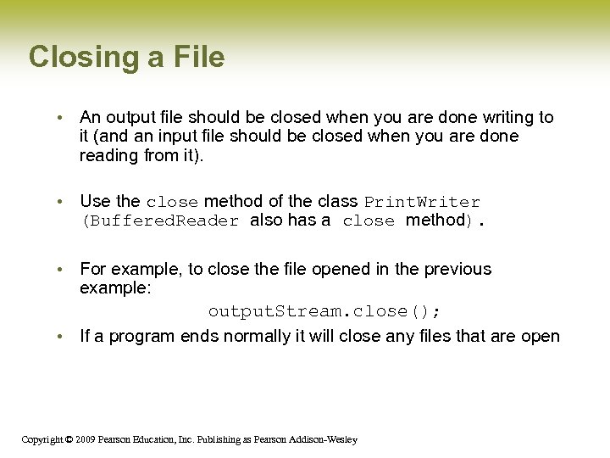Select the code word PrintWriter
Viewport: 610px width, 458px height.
point(422,202)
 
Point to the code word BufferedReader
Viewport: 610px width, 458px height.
point(160,221)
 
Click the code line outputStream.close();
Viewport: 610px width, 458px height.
point(324,311)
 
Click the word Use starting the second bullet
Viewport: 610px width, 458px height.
point(95,201)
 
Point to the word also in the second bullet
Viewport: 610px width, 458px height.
point(267,221)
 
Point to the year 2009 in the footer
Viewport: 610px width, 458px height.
point(84,439)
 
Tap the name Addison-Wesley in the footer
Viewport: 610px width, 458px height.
point(325,439)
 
